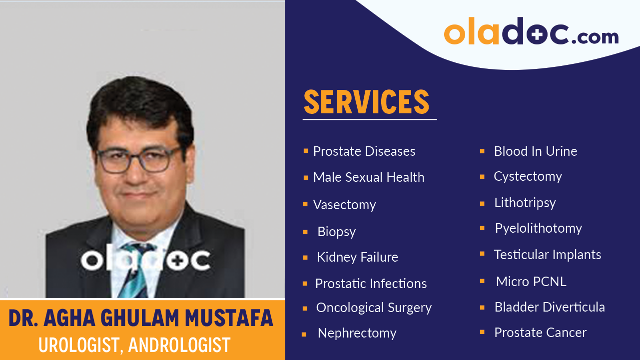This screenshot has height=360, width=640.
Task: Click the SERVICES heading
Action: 367,102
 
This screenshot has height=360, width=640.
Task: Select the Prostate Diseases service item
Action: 364,151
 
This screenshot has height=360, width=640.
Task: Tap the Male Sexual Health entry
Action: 368,177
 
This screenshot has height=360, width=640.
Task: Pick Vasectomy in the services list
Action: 344,205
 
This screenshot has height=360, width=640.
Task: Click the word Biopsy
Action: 336,232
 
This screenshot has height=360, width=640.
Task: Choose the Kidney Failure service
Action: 357,258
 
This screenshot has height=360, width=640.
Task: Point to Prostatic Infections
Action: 371,284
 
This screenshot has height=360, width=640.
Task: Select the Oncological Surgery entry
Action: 373,308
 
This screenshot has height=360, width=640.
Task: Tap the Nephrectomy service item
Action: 357,333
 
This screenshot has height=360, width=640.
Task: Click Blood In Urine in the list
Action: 535,151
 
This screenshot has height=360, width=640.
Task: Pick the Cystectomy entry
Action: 528,176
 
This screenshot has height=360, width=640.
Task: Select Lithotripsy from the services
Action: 525,203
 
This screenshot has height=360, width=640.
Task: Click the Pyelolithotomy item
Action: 538,228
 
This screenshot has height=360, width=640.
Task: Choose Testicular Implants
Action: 547,255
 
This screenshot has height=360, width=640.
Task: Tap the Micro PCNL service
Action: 531,282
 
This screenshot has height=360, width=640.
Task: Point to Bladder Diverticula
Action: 549,307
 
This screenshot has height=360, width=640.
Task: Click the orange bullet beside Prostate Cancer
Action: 482,332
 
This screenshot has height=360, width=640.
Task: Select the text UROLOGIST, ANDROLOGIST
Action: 135,345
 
